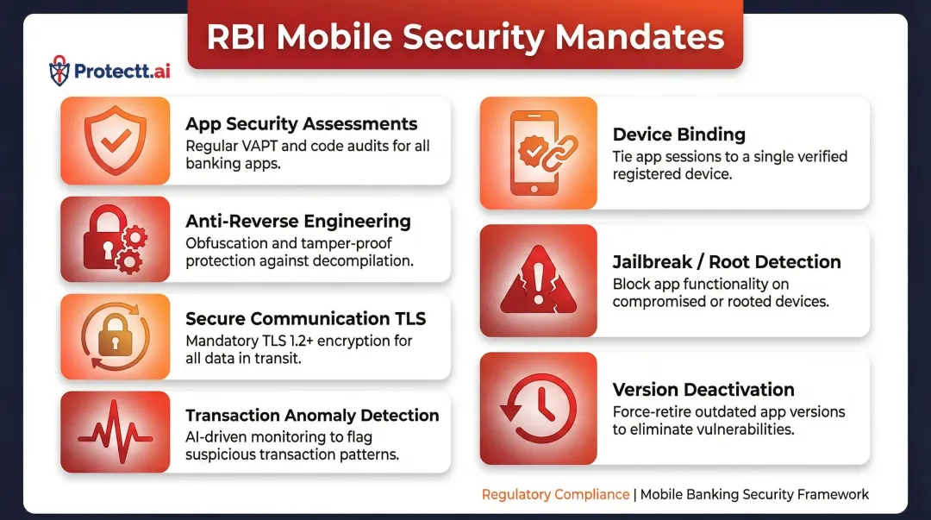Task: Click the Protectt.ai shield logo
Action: pos(59,70)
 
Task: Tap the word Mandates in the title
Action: pos(640,36)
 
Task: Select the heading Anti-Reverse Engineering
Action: pos(297,222)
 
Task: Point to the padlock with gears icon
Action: pos(115,239)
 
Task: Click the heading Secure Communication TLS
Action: pos(305,319)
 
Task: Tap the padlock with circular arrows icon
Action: pos(115,336)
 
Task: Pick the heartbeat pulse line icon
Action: pos(115,432)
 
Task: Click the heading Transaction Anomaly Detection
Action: pos(312,416)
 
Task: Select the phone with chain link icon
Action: pos(538,153)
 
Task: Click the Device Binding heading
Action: pos(678,135)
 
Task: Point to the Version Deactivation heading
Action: pos(703,390)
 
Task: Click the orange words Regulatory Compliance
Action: pos(555,494)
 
